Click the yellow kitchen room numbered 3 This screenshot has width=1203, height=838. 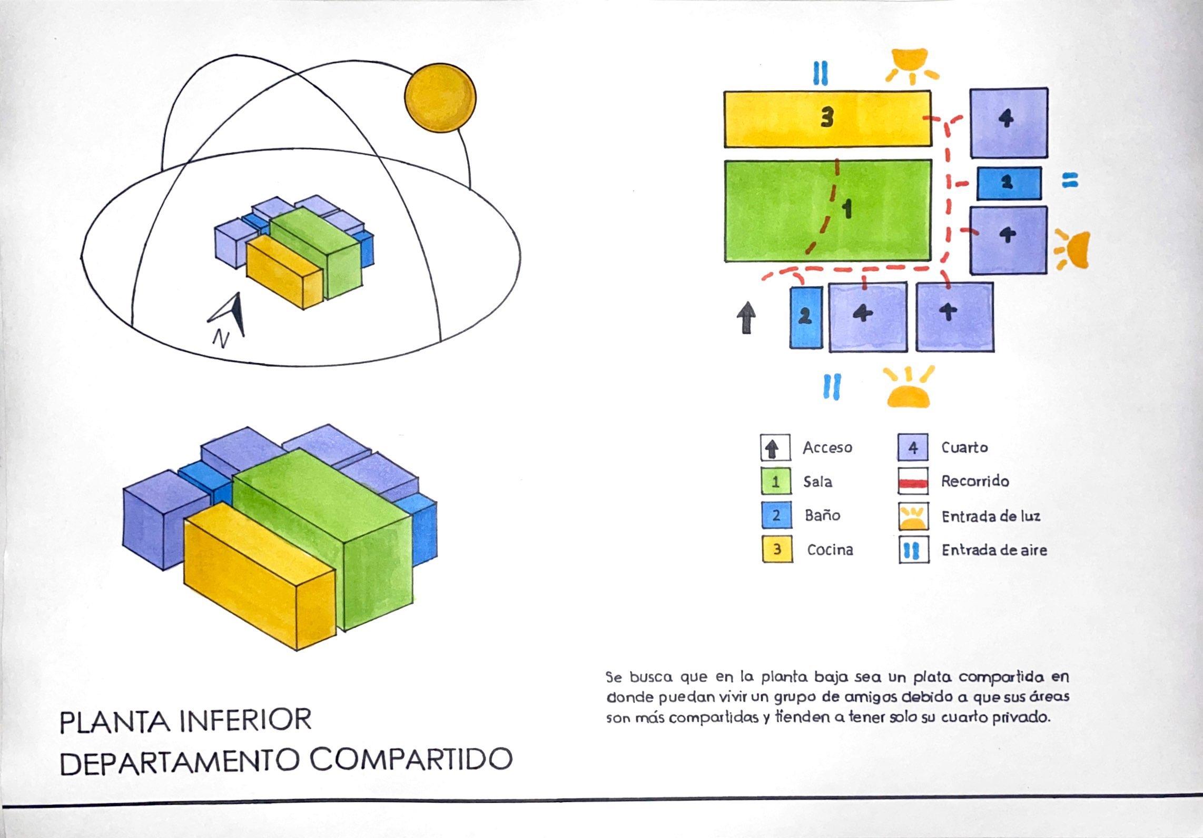827,119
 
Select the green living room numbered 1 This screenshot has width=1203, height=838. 827,211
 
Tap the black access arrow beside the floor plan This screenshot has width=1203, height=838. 746,317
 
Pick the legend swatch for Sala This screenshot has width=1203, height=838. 776,482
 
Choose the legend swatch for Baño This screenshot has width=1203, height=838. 776,515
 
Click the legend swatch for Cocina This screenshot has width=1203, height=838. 777,550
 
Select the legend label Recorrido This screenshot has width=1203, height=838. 975,481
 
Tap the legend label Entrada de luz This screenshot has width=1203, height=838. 991,516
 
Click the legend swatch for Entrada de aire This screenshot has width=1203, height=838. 914,550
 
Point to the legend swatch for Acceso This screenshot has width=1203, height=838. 774,448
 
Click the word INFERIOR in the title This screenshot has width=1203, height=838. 245,721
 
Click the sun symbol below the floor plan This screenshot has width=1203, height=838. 909,390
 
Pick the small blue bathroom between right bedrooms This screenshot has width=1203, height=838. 1009,183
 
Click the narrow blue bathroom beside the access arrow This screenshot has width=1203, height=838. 806,317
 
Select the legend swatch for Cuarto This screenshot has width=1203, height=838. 913,448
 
